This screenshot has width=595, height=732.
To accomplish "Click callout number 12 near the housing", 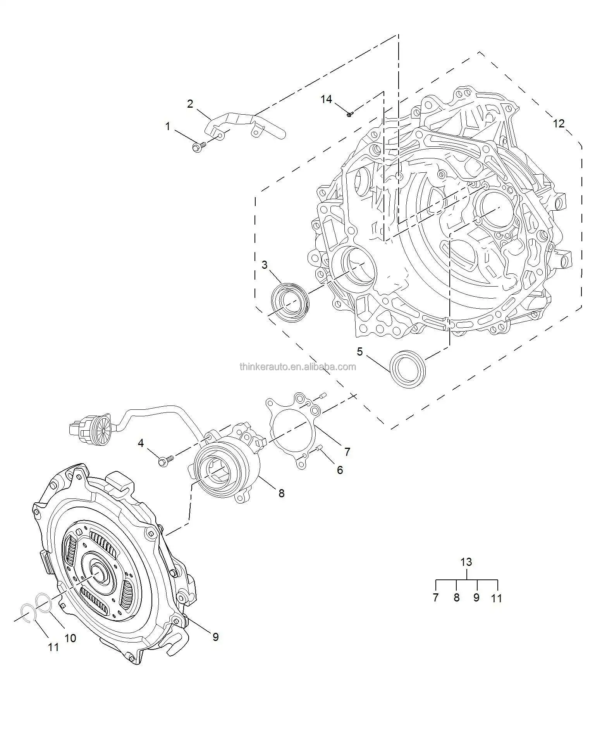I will coord(559,124).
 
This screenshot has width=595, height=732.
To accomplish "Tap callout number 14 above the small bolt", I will coord(326,100).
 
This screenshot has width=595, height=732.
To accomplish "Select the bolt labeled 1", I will coord(198,147).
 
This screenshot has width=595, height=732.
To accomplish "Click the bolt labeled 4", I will coord(165,461).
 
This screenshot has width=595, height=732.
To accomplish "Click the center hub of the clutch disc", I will coord(98,573).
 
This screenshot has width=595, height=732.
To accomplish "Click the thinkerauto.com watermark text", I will coord(297,366).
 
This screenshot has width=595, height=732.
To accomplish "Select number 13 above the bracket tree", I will coord(466,562).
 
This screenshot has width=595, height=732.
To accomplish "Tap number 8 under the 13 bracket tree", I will coord(456,598).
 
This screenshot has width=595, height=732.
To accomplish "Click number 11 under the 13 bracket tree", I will coord(496,598).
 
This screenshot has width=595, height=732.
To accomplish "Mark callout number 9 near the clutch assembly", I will coord(215,637).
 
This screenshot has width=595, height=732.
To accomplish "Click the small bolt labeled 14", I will coord(349,114).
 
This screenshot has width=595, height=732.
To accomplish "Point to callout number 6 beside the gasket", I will coord(340,470).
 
